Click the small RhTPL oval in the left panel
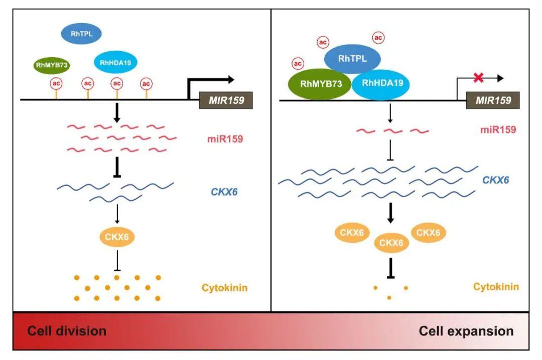81,34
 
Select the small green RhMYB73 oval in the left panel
52,65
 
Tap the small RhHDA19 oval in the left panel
115,63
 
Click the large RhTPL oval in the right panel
352,58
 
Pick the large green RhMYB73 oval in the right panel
320,84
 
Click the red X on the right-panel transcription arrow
478,78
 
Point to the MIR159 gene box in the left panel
226,101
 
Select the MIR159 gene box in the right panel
493,101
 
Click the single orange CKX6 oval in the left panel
117,237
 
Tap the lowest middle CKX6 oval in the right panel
391,243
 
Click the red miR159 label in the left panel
225,139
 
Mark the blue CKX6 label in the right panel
495,180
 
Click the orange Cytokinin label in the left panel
225,288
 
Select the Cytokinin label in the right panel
496,287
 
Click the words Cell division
67,331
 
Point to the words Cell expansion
466,331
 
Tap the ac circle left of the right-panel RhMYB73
298,64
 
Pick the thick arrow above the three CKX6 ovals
390,213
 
